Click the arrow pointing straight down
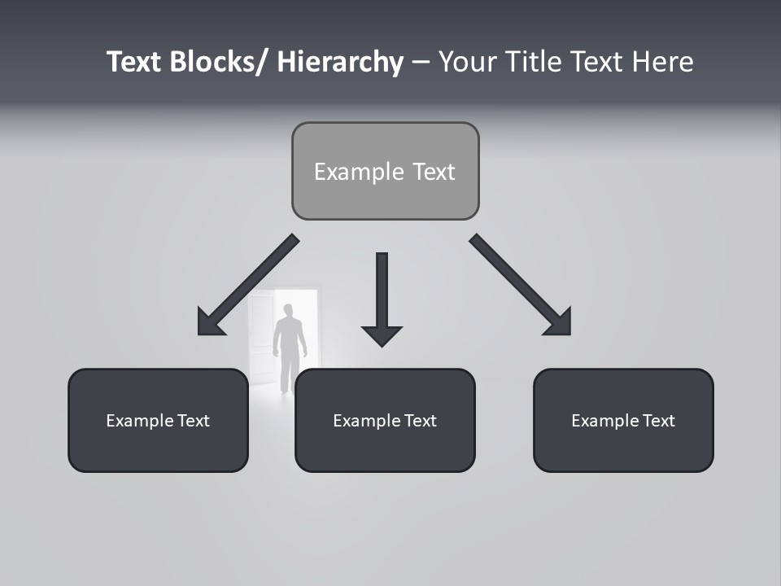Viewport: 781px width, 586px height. tap(382, 293)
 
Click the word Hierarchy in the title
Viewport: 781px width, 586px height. tap(340, 62)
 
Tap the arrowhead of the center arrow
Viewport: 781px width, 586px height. tap(382, 335)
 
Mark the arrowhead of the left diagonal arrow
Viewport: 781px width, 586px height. tap(209, 323)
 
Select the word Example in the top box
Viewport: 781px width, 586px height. tap(347, 172)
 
